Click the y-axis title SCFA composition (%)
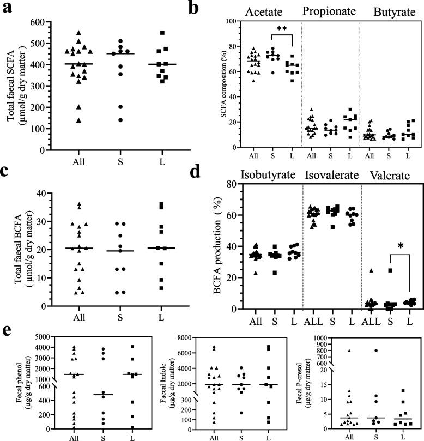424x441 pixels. pyautogui.click(x=223, y=84)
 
